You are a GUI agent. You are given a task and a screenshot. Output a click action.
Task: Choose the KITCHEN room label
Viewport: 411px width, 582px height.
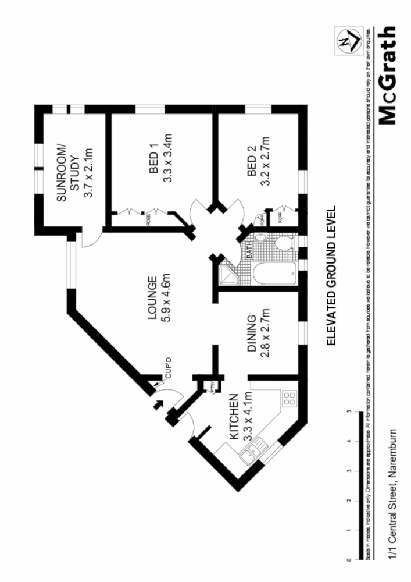tap(234, 416)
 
